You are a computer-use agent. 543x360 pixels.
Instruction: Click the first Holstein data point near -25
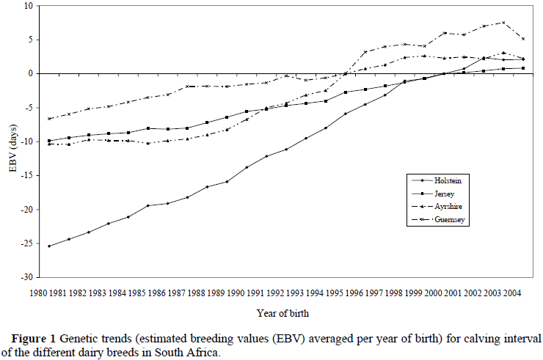[x=49, y=246]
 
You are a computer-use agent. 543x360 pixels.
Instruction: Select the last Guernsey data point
[x=522, y=39]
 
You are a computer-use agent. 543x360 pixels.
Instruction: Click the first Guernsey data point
[x=49, y=119]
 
